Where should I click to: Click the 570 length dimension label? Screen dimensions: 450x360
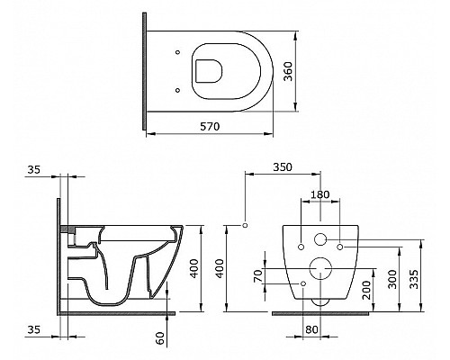coord(210,127)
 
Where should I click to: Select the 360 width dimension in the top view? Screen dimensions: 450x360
coord(288,71)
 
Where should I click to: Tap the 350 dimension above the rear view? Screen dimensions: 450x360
coord(283,167)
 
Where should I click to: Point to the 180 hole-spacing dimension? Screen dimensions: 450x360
coord(319,194)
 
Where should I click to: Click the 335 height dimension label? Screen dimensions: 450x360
coord(414,279)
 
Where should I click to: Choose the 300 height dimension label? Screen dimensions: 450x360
coord(392,279)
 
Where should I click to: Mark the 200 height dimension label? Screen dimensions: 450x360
coord(366,291)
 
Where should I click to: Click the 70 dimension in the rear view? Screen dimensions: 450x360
coord(258,276)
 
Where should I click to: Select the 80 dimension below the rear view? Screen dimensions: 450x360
coord(311,329)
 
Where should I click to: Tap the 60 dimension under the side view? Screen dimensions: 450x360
coord(160,338)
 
